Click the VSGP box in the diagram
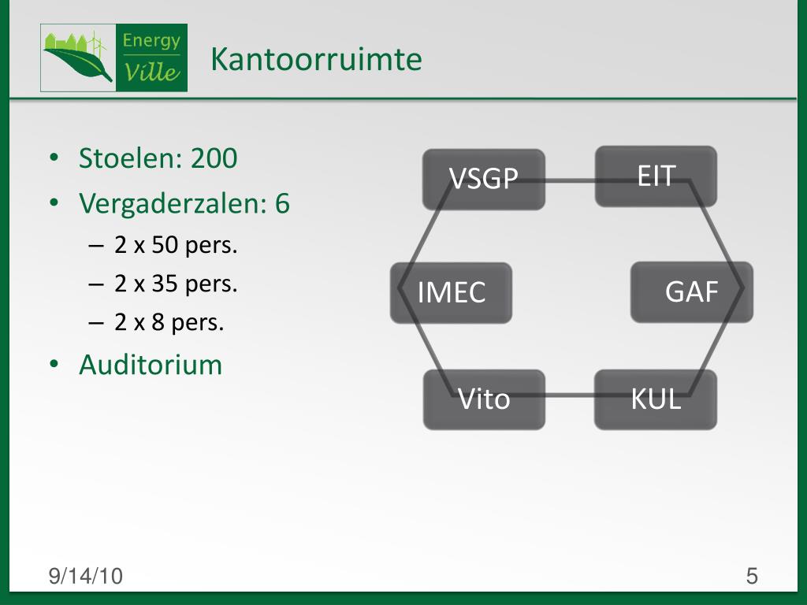tap(483, 179)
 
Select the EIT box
tap(656, 176)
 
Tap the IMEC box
tap(451, 292)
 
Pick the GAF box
tap(691, 291)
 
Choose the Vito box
tap(484, 399)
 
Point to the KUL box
tap(655, 399)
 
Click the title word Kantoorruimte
tap(316, 59)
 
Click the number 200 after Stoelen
tap(214, 158)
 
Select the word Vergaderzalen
tap(173, 204)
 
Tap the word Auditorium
tap(151, 365)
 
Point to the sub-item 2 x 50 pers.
tap(176, 246)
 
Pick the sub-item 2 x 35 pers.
tap(176, 284)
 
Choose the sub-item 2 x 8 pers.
tap(169, 322)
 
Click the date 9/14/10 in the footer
tap(86, 577)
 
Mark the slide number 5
tap(752, 577)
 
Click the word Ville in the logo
tap(152, 72)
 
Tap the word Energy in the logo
tap(151, 40)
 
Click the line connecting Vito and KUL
tap(569, 395)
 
